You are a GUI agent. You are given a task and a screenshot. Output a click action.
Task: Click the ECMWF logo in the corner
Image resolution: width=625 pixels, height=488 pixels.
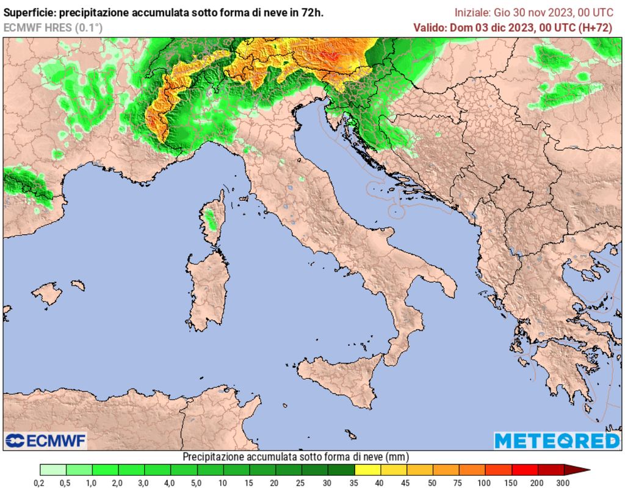pos(46,440)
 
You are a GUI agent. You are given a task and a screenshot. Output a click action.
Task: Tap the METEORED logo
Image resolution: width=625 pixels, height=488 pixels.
pos(556,440)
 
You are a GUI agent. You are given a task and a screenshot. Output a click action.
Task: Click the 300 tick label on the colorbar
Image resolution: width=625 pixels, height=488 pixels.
pos(562,483)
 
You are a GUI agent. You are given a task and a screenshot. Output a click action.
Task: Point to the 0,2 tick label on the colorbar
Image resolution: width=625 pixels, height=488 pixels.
pos(39,483)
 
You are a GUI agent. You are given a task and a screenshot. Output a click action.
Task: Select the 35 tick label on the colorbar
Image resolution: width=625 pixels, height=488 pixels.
pos(353,483)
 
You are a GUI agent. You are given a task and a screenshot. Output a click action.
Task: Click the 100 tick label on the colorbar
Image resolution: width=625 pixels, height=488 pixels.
pos(484,483)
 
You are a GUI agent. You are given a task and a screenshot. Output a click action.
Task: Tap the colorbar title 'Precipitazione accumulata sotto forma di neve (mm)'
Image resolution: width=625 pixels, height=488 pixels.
pos(295,457)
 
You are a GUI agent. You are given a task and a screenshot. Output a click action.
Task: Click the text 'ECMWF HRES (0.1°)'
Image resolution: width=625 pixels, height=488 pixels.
pos(53,27)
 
